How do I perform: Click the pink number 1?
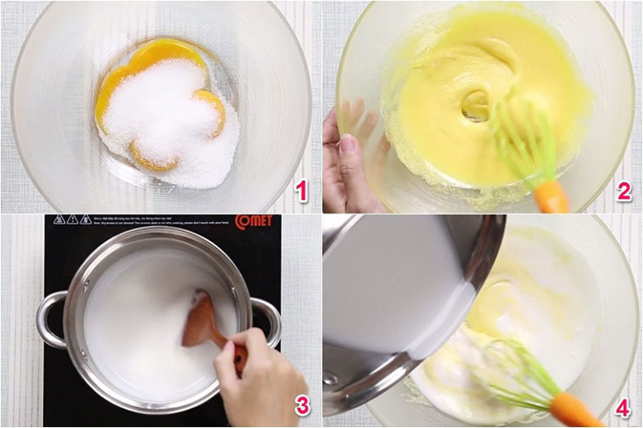pyautogui.click(x=301, y=193)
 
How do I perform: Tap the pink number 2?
pyautogui.click(x=623, y=192)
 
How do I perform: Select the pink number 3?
pyautogui.click(x=301, y=405)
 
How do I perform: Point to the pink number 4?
pyautogui.click(x=623, y=406)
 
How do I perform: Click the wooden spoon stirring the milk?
pyautogui.click(x=206, y=322)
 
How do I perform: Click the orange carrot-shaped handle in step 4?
pyautogui.click(x=576, y=409)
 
